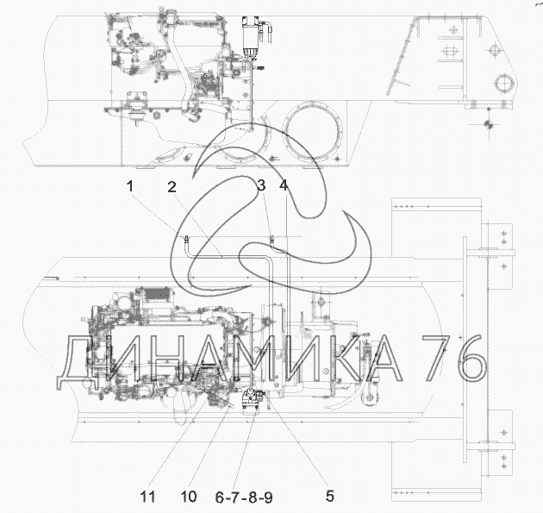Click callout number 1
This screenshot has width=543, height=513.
130,186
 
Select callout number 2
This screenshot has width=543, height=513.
172,187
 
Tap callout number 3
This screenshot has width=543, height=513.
261,185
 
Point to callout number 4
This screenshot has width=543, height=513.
284,185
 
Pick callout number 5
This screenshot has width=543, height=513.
329,496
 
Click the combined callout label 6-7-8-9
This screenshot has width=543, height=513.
244,497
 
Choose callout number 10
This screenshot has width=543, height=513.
189,497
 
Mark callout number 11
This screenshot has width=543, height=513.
148,497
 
